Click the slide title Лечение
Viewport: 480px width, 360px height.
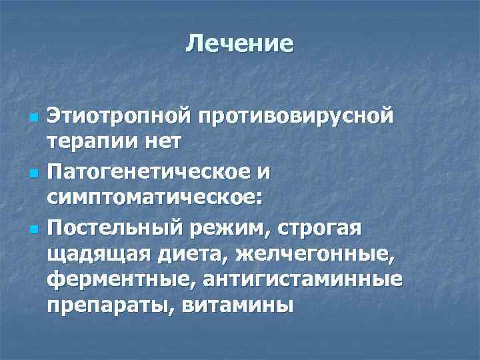240,43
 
